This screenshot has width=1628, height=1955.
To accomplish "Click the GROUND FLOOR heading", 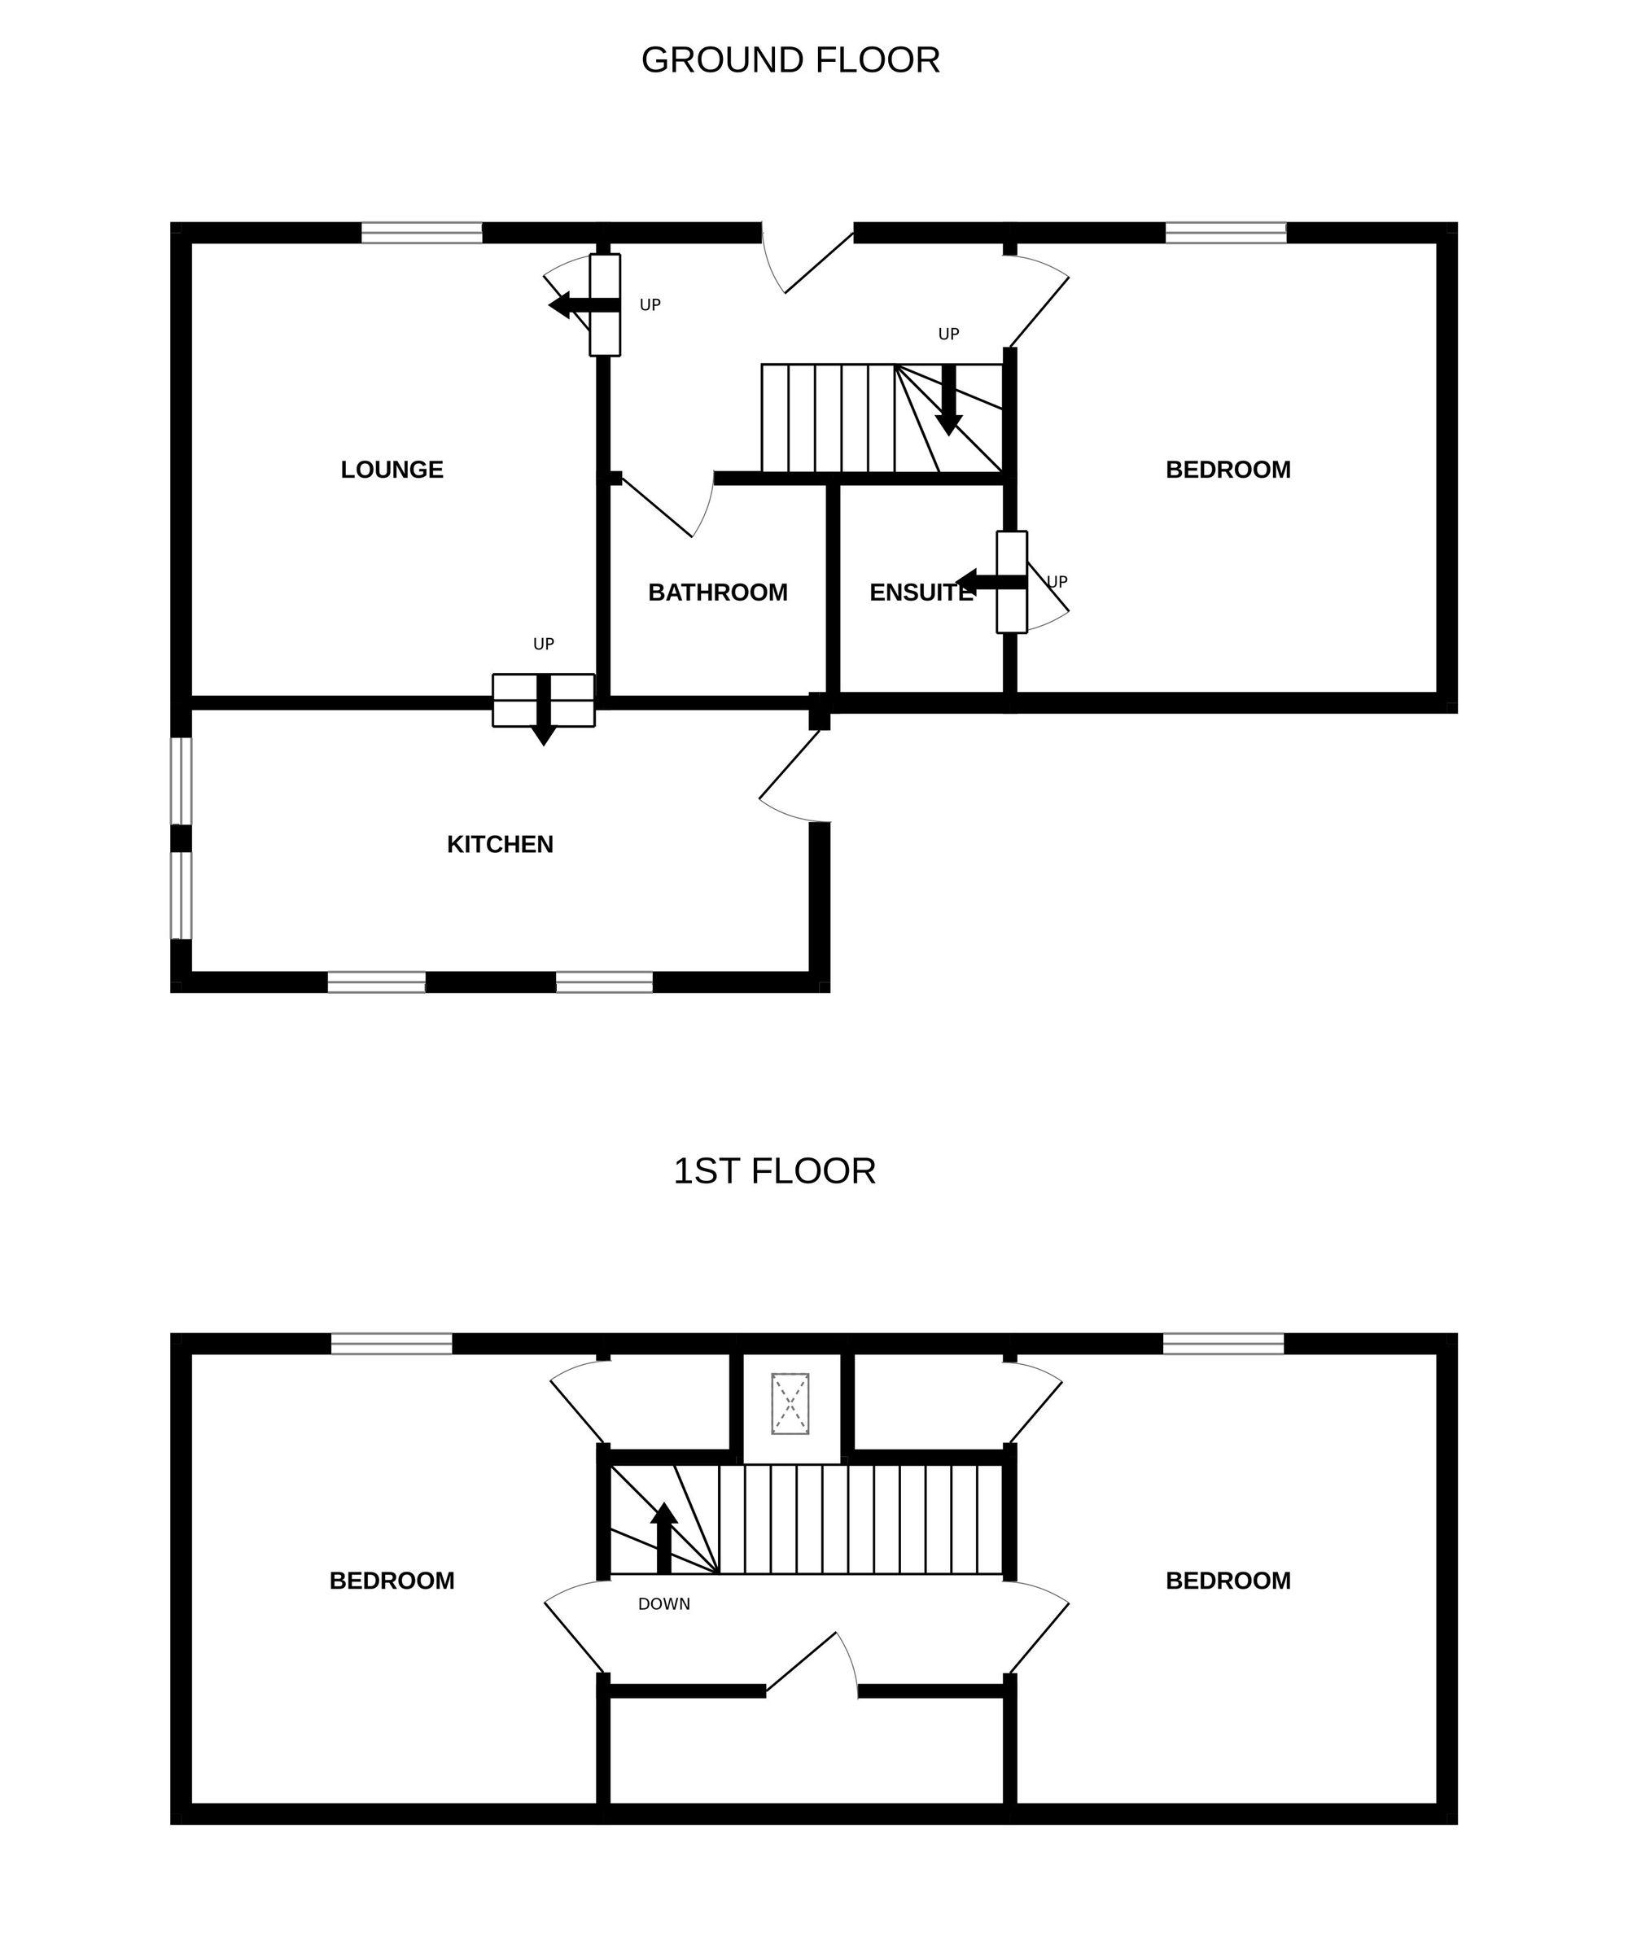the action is [790, 60].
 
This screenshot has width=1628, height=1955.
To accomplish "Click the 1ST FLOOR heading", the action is [774, 1171].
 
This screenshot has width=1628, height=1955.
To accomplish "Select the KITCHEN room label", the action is [500, 844].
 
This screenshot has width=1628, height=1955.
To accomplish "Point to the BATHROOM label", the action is [718, 593].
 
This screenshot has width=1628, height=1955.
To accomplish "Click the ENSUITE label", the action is [921, 593].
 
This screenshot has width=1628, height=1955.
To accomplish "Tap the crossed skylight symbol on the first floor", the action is [790, 1404].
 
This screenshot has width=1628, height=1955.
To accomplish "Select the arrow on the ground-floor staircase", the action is [948, 400].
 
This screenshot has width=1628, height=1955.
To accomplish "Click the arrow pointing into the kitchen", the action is [544, 711].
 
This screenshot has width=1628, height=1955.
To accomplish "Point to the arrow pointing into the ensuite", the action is [991, 583].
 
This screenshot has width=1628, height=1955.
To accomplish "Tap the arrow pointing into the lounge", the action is [584, 305].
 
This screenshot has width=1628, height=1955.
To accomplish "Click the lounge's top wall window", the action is [422, 233].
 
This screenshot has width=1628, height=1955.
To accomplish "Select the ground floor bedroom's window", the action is [1226, 233].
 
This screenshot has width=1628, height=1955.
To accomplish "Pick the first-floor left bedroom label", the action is [392, 1581].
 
